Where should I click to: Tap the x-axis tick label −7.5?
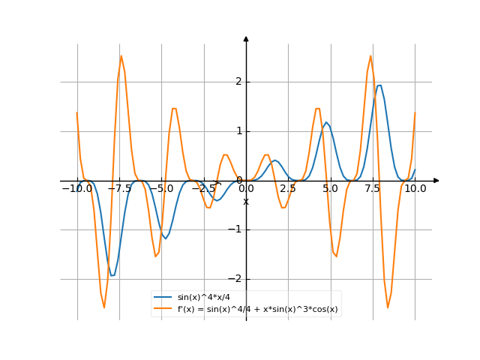(x=119, y=189)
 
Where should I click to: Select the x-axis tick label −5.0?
(x=161, y=189)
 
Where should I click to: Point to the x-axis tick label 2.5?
(x=289, y=189)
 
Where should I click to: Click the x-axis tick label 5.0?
(x=331, y=189)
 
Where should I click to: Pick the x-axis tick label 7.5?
(x=373, y=189)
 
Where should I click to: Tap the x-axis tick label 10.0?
(x=415, y=189)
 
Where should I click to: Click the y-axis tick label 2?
(x=239, y=82)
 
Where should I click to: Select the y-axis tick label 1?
(x=239, y=131)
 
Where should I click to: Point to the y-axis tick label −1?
(x=237, y=229)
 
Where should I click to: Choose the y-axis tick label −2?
(x=237, y=279)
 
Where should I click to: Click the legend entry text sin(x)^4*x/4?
(x=200, y=298)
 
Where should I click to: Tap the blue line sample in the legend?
(x=163, y=298)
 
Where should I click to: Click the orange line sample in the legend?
(x=163, y=309)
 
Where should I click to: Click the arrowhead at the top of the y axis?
(x=246, y=38)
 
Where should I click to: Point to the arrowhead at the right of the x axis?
(x=436, y=181)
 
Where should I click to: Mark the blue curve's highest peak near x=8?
(x=379, y=85)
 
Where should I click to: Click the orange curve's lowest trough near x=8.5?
(x=388, y=307)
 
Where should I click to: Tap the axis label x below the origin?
(x=246, y=201)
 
